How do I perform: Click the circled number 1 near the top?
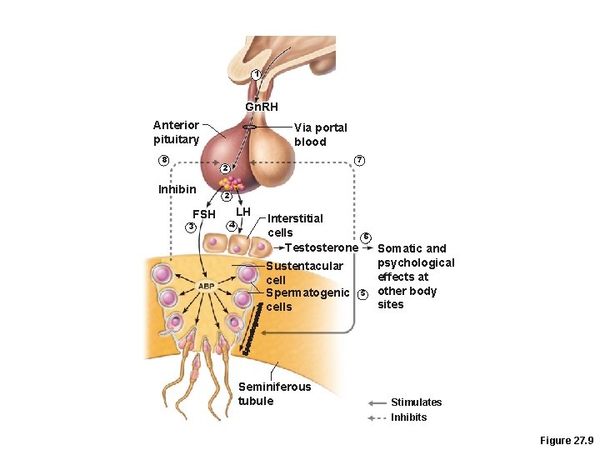[x=257, y=75]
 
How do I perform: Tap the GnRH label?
[x=262, y=107]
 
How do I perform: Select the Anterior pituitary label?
[x=176, y=132]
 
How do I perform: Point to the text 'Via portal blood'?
[x=321, y=134]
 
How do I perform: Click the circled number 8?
[x=164, y=160]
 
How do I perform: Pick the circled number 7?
[x=359, y=160]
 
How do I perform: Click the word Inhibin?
[x=177, y=189]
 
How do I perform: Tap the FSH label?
[x=204, y=215]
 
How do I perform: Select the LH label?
[x=242, y=212]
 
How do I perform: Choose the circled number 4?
[x=232, y=226]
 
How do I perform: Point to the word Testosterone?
[x=322, y=248]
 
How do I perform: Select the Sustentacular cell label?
[x=304, y=272]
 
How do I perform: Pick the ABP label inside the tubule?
[x=206, y=286]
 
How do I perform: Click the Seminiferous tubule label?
[x=274, y=393]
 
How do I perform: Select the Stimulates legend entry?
[x=416, y=402]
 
